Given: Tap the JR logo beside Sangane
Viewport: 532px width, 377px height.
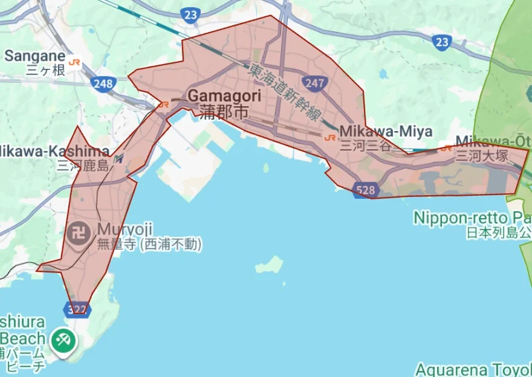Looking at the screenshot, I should coord(75,62).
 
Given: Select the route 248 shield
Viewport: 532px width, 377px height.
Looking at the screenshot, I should coord(103,83).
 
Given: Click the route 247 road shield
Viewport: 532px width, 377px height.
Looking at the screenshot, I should coord(316,83).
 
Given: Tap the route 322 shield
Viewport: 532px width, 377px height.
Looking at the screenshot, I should coord(77,310).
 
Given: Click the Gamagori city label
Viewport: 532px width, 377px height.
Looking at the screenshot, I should coord(224,96).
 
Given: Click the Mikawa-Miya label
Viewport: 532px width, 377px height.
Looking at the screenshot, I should coord(386,131).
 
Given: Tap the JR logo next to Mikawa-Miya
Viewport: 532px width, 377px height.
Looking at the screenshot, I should coord(330,137).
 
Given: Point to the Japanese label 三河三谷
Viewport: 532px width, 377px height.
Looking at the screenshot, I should coord(365,146).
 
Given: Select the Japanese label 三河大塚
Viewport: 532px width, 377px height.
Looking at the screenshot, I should coord(481,156).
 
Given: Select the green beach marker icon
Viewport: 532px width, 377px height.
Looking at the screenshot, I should coord(63,340).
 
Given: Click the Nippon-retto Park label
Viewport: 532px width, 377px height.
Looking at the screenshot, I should coord(472,217).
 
